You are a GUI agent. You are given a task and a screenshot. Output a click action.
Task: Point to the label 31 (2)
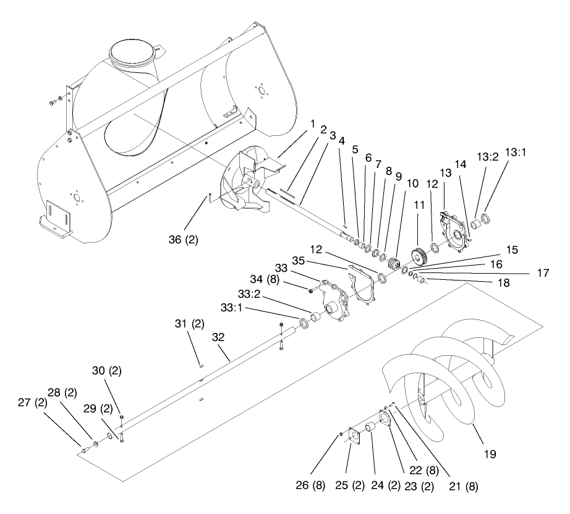[188, 322]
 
